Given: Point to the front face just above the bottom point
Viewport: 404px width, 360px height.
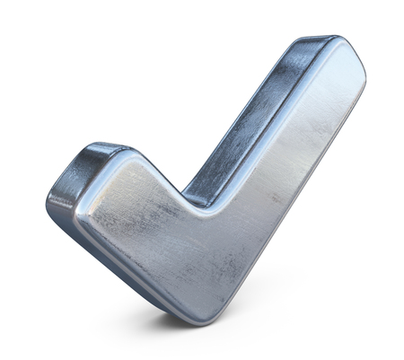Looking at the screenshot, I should click(x=212, y=292).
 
